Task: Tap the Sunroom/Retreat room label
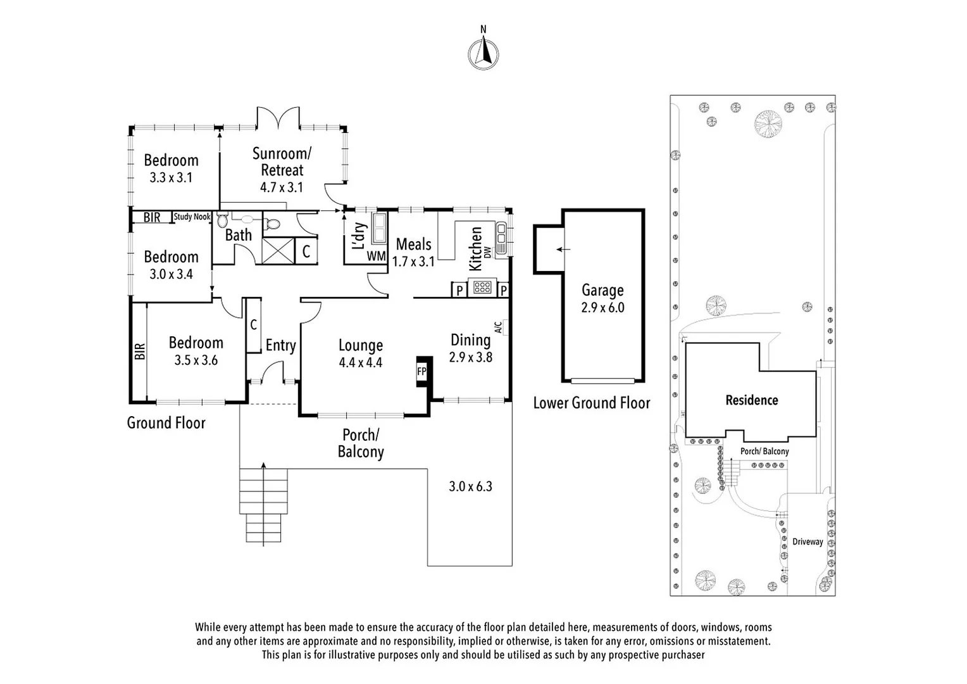(282, 161)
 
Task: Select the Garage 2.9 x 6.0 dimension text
(602, 308)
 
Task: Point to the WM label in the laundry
(376, 256)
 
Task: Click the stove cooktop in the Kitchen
(482, 287)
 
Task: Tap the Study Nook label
(192, 217)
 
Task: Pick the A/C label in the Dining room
(498, 327)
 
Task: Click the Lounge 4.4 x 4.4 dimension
(361, 362)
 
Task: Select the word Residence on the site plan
(752, 400)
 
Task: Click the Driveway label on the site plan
(808, 542)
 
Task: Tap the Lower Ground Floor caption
(592, 403)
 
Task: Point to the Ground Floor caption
(166, 423)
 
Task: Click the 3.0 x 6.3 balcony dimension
(471, 486)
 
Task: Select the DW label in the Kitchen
(488, 252)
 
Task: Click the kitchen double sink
(501, 238)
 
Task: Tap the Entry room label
(280, 346)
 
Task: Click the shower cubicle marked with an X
(278, 251)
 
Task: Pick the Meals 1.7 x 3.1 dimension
(413, 262)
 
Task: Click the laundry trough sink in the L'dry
(380, 228)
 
